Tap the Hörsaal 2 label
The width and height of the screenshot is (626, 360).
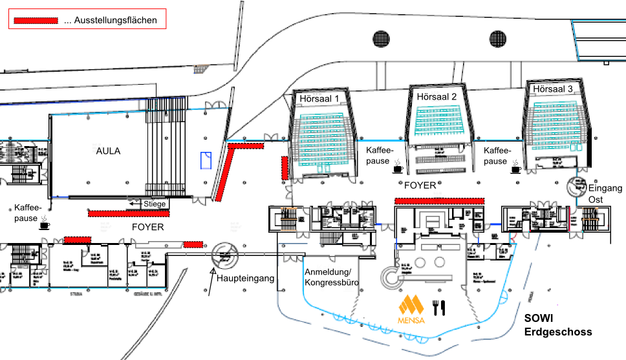[x=437, y=97]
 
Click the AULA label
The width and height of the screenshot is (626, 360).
[x=109, y=151]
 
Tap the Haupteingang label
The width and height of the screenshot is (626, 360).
[x=246, y=279]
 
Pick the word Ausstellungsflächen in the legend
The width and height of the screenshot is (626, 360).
[x=116, y=21]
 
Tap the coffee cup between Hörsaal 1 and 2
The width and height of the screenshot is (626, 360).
[x=398, y=167]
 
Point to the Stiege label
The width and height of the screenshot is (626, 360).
[x=155, y=204]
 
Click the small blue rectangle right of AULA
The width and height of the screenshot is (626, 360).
[x=207, y=160]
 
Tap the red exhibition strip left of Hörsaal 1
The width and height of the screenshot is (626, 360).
[x=284, y=167]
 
